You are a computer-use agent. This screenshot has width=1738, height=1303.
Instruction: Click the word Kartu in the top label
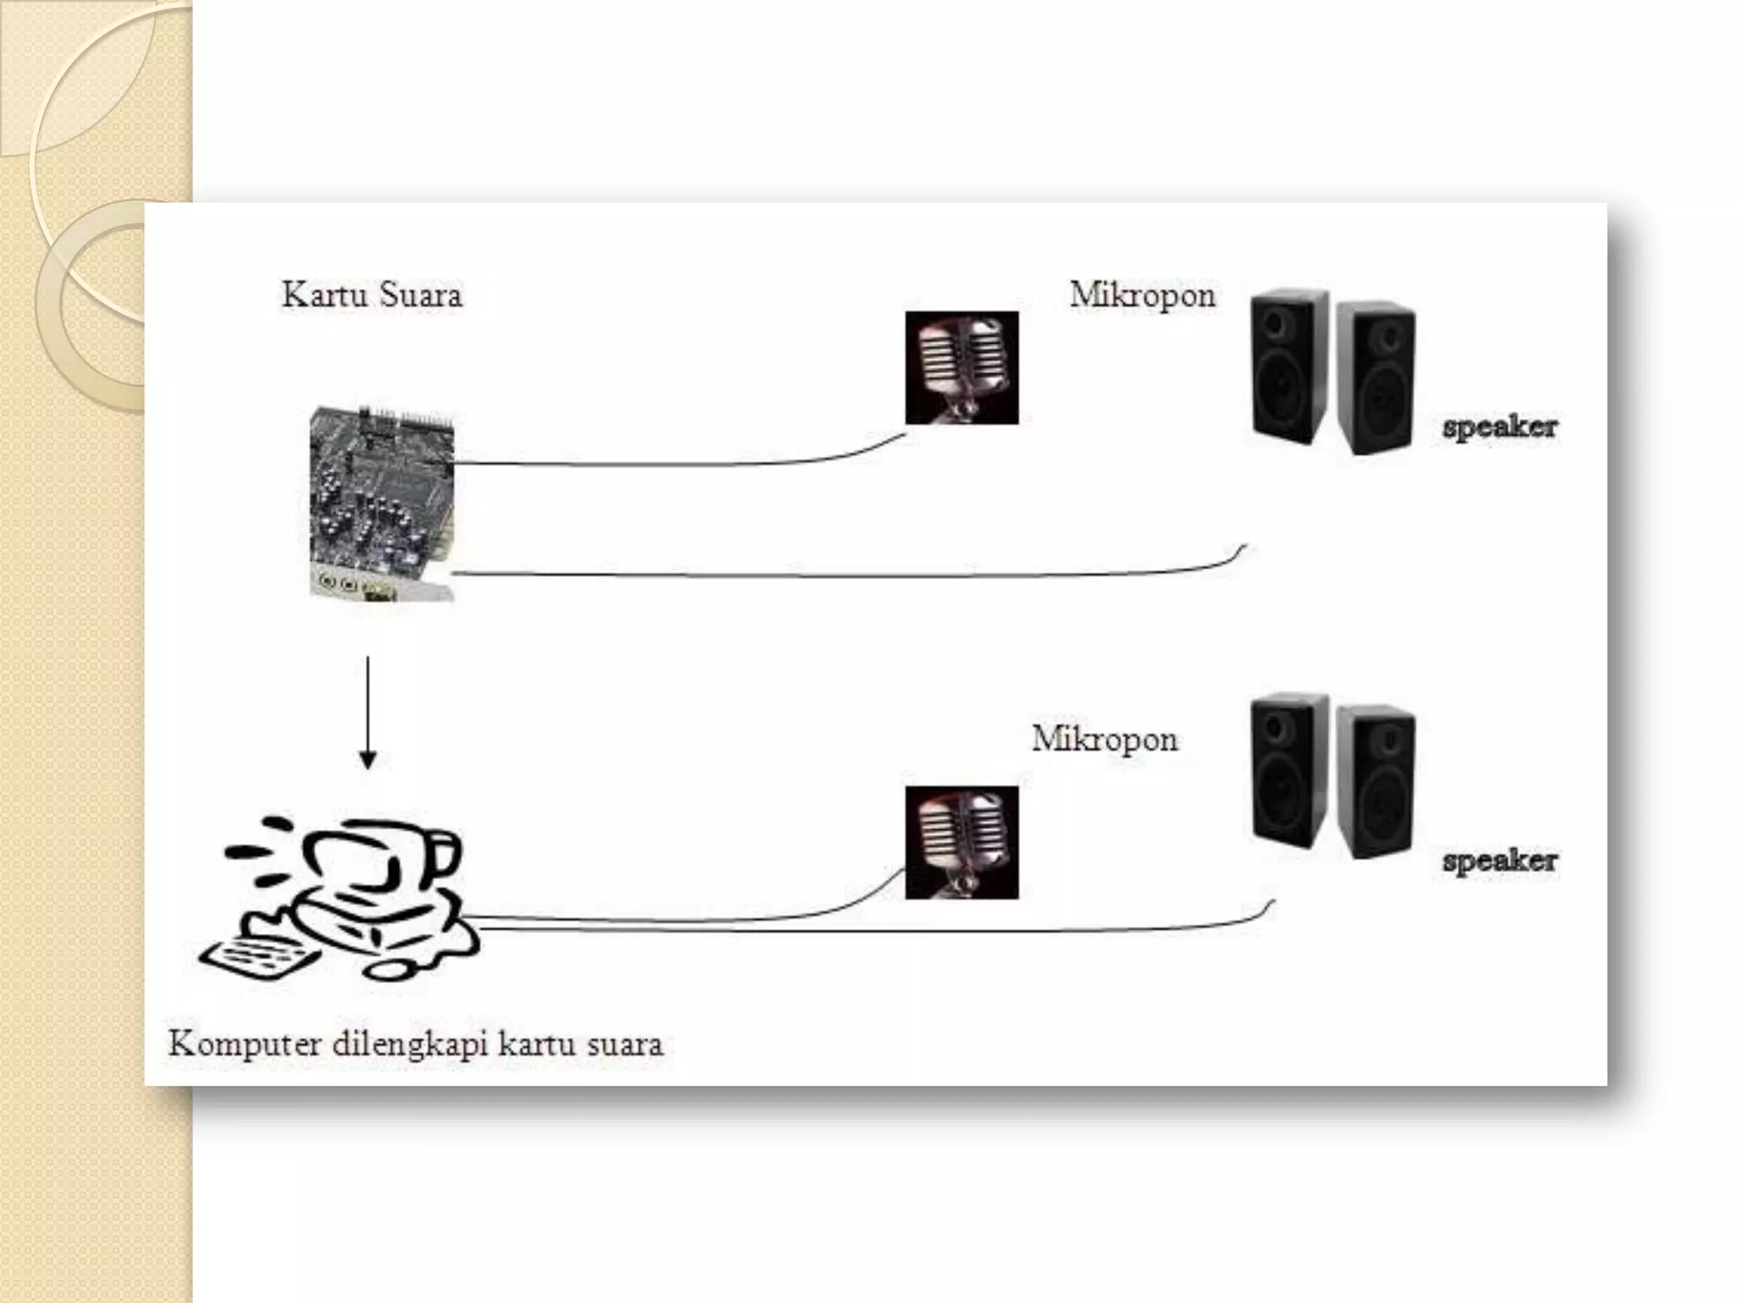pos(325,295)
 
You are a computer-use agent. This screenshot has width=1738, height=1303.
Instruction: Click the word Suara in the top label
pos(420,295)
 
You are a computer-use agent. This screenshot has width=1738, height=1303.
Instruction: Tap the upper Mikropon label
pos(1141,295)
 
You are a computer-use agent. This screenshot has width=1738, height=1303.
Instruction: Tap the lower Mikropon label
pos(1104,739)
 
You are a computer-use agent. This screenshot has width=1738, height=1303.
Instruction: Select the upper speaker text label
pos(1500,426)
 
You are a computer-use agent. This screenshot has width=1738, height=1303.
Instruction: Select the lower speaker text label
pos(1500,860)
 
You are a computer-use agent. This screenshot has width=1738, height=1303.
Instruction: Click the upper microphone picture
pos(962,367)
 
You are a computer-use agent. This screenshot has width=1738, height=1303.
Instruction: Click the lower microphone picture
pos(962,842)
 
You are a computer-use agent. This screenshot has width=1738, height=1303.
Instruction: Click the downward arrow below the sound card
pos(367,713)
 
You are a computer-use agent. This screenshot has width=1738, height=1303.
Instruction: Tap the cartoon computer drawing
pos(356,891)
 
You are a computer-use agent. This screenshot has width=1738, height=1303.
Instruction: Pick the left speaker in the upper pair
pos(1289,365)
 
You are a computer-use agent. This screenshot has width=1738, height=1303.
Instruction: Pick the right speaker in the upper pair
pos(1376,377)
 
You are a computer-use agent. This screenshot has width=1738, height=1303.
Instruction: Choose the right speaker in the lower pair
pos(1376,780)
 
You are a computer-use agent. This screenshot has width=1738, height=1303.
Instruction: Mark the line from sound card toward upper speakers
pos(849,576)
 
